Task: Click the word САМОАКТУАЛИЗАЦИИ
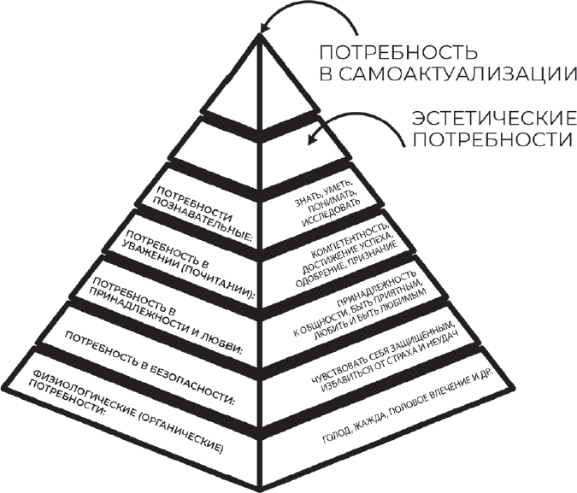coord(456,74)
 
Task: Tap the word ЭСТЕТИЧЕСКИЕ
coord(493,119)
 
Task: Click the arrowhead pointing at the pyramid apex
coord(265,26)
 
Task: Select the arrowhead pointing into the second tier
coord(313,138)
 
